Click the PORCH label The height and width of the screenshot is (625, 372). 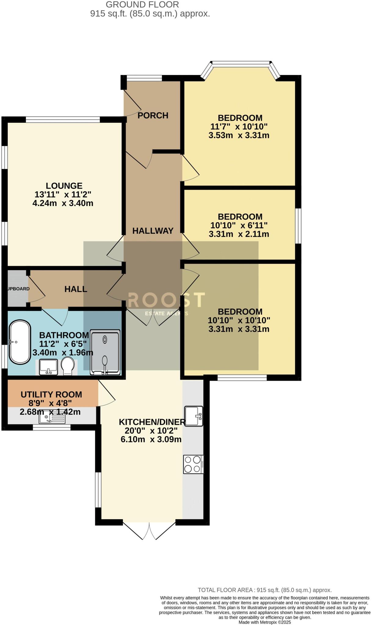tap(153, 116)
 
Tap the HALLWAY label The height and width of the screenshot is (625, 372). tap(153, 231)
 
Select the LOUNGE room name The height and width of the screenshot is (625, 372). tap(64, 186)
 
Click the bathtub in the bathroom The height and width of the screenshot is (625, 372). tap(20, 342)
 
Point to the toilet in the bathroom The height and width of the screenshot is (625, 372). tap(67, 366)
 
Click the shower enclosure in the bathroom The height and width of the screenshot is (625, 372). tap(105, 352)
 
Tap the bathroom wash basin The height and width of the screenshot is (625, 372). tap(48, 367)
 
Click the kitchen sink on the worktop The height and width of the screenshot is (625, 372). tap(193, 416)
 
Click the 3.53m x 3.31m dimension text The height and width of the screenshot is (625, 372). tap(239, 135)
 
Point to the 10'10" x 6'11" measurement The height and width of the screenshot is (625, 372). tap(239, 226)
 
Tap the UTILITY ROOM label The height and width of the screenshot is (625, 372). tap(51, 395)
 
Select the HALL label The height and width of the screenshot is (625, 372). tap(76, 289)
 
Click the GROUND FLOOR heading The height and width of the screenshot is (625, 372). tap(142, 5)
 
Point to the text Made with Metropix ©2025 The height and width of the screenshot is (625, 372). tap(265, 622)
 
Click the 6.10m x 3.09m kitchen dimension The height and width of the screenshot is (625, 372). tap(151, 440)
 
